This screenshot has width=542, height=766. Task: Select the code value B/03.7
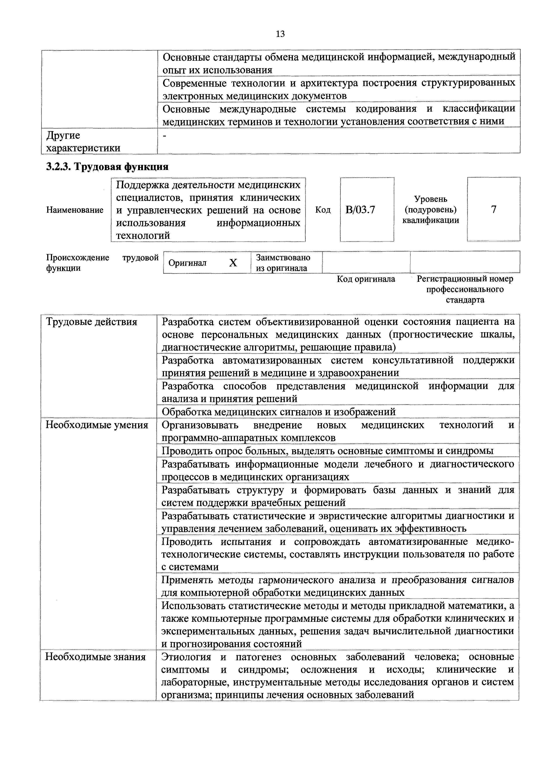(360, 210)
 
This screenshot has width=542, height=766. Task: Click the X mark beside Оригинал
(233, 263)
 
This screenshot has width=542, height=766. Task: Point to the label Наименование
(75, 210)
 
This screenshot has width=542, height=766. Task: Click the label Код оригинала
(366, 279)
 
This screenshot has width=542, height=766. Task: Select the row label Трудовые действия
(91, 322)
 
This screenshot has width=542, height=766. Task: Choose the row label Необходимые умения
(97, 425)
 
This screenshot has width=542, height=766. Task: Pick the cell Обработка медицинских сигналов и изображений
(279, 412)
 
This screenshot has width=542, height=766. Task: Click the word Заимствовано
(283, 258)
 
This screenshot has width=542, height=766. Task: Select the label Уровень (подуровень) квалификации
(431, 209)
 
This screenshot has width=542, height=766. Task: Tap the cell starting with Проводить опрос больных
(327, 451)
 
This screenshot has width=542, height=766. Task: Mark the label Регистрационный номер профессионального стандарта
(465, 289)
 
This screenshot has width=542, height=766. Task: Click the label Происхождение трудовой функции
(102, 263)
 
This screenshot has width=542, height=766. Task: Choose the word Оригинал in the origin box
(187, 263)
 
